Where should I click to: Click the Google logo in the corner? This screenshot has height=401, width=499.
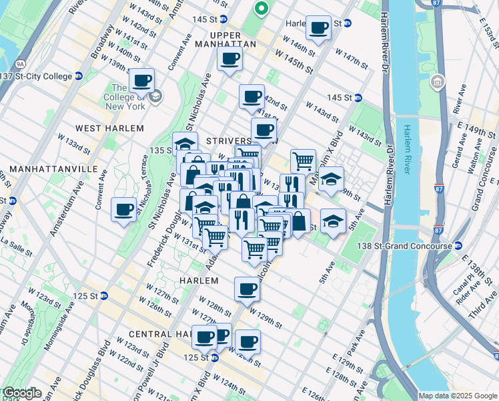click(x=21, y=393)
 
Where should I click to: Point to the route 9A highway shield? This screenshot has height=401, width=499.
click(x=20, y=64)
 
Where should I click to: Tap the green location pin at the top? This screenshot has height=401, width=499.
click(x=262, y=9)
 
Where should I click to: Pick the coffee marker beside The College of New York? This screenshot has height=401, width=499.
click(x=141, y=81)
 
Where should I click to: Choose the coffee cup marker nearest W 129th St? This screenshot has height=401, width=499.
click(x=247, y=289)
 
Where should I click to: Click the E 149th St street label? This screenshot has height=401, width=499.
click(x=478, y=126)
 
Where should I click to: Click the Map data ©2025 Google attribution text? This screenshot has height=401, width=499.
click(x=457, y=395)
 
